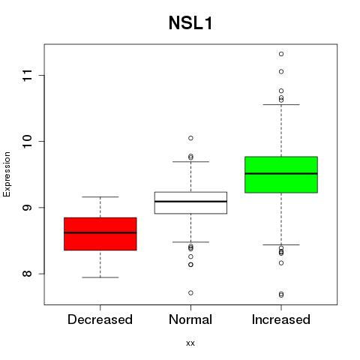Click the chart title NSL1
pyautogui.click(x=190, y=23)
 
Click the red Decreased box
pyautogui.click(x=100, y=234)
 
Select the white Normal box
pyautogui.click(x=190, y=202)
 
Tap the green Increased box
pyautogui.click(x=281, y=175)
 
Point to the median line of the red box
pyautogui.click(x=100, y=232)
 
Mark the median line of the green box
pyautogui.click(x=281, y=173)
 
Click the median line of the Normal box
pyautogui.click(x=190, y=201)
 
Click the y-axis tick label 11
pyautogui.click(x=28, y=75)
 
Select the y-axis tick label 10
pyautogui.click(x=28, y=141)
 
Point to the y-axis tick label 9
pyautogui.click(x=28, y=208)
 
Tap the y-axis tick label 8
pyautogui.click(x=28, y=274)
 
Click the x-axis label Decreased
pyautogui.click(x=100, y=319)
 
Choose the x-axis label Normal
pyautogui.click(x=190, y=319)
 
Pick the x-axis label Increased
pyautogui.click(x=281, y=319)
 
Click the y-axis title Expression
pyautogui.click(x=7, y=174)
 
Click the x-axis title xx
pyautogui.click(x=190, y=343)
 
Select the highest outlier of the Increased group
pyautogui.click(x=281, y=54)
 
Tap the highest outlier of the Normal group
pyautogui.click(x=190, y=138)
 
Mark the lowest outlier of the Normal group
pyautogui.click(x=190, y=292)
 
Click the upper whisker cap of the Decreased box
pyautogui.click(x=100, y=197)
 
